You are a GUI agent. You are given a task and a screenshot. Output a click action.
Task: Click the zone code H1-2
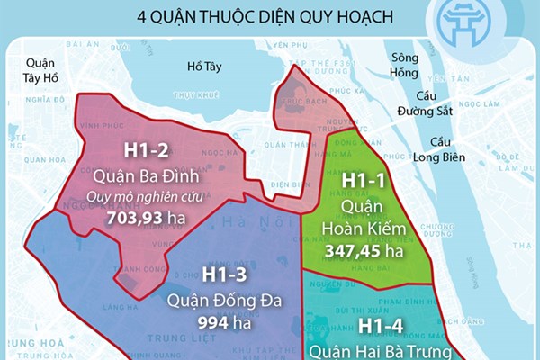point(145,149)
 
